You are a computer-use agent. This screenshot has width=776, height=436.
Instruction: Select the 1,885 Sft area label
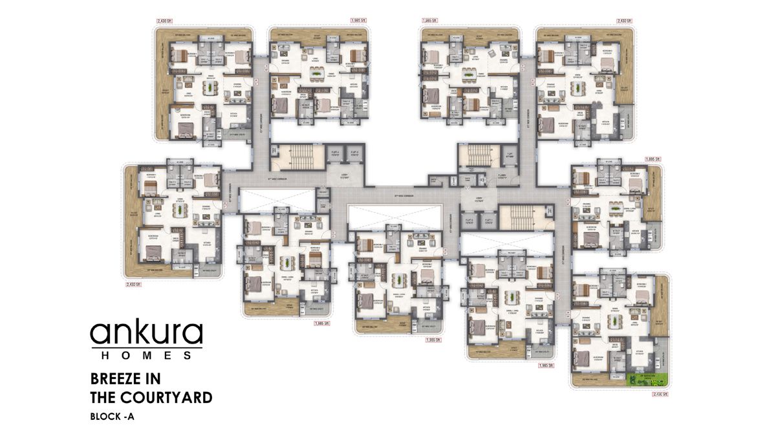click(652, 158)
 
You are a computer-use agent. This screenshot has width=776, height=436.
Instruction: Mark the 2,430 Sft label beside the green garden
click(659, 393)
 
